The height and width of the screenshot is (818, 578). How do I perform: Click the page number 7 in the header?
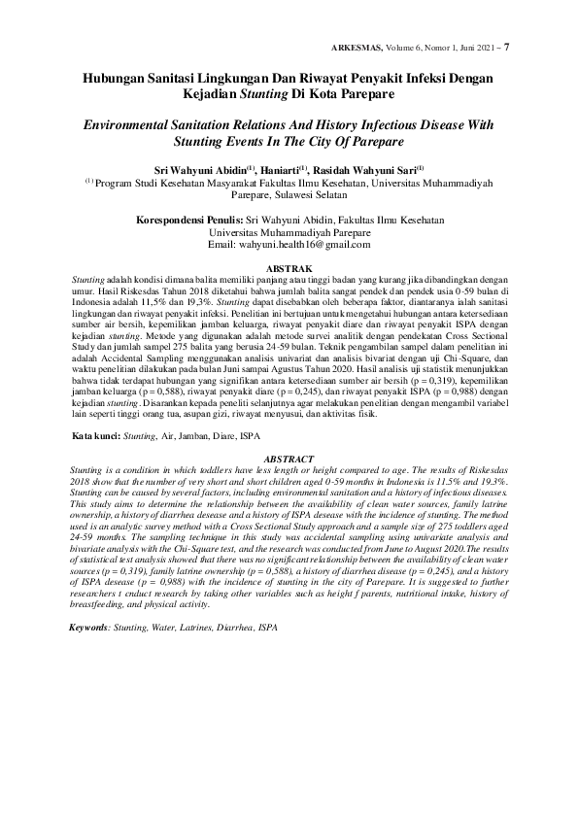(x=508, y=47)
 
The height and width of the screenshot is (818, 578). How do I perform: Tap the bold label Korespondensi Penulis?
(x=187, y=220)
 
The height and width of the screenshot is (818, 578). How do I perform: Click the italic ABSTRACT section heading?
(x=289, y=459)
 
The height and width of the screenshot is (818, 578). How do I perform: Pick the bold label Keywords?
(x=88, y=628)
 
